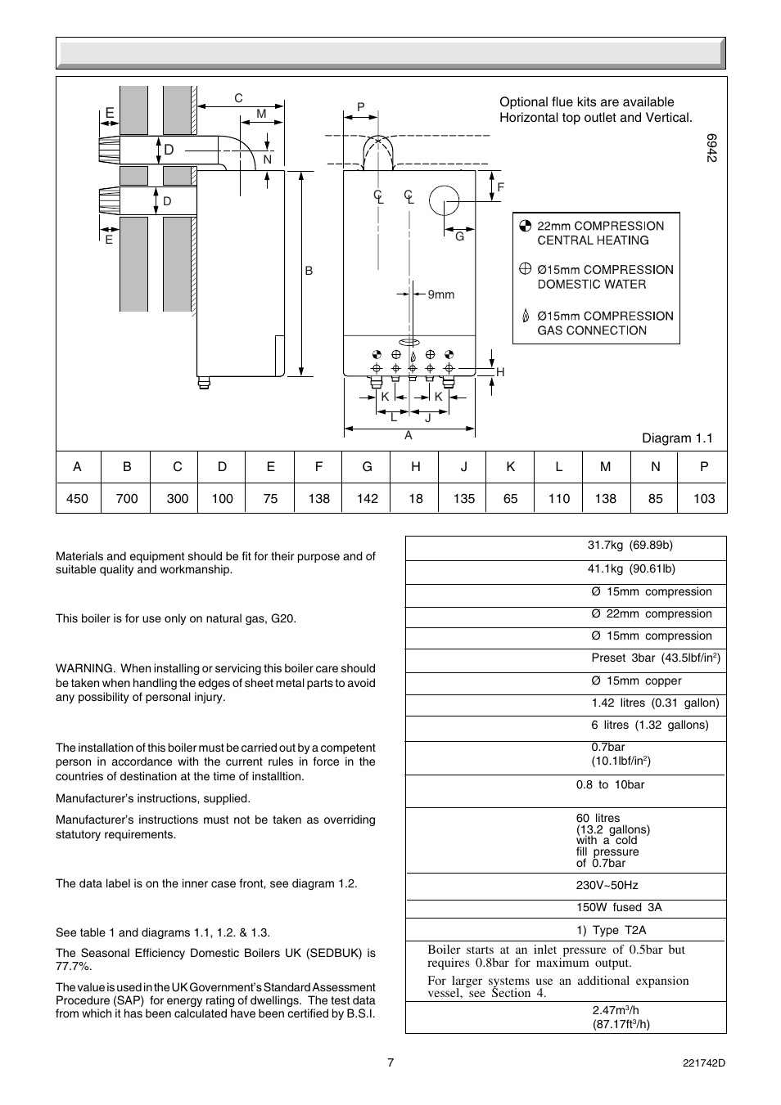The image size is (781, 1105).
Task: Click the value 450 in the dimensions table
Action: coord(77,498)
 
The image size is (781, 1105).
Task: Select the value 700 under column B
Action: coord(127,498)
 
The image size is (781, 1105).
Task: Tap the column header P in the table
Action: coord(703,466)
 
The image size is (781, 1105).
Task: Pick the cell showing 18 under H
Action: coord(416,498)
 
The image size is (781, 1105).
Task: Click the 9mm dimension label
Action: coord(440,294)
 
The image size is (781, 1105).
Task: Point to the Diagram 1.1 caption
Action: coord(677,438)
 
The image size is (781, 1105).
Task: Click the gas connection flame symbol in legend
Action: coord(526,316)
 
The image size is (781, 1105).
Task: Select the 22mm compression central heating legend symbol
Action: coord(526,226)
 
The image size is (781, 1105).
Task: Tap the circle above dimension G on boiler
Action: coord(444,200)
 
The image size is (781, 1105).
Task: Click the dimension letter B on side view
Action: coord(309,271)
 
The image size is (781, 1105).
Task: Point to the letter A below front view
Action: coord(409,436)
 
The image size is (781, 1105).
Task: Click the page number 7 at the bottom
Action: coord(390,1062)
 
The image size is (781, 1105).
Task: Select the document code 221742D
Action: coord(704,1063)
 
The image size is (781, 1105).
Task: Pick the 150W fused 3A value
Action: coord(619,907)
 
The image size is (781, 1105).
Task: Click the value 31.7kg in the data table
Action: coord(606,546)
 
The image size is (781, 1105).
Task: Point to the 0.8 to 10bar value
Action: coord(610,784)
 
